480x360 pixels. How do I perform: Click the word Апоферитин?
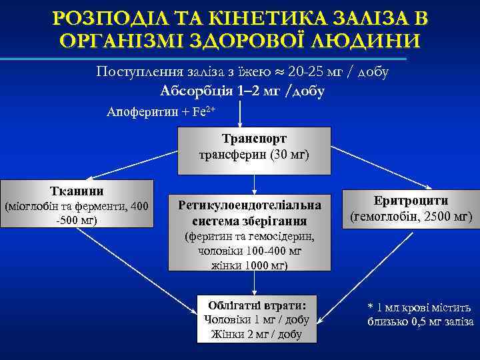pyautogui.click(x=142, y=112)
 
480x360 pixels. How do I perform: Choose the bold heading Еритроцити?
pyautogui.click(x=411, y=201)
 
